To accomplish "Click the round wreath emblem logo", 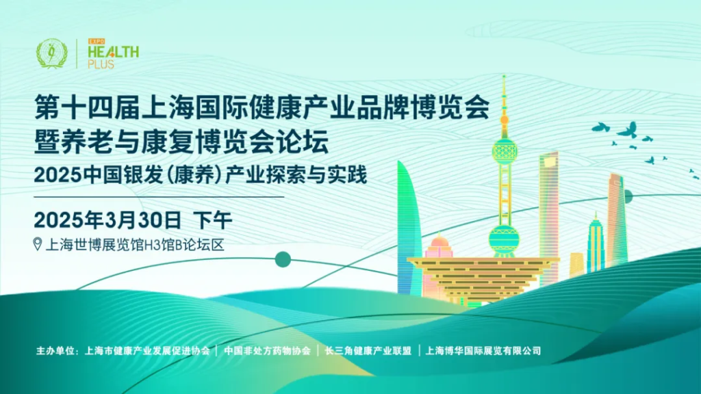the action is pyautogui.click(x=52, y=53).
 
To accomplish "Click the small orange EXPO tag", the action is pyautogui.click(x=96, y=42).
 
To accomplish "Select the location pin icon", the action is pyautogui.click(x=38, y=244).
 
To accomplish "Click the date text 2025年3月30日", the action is pyautogui.click(x=107, y=220).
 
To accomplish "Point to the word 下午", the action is pyautogui.click(x=212, y=220).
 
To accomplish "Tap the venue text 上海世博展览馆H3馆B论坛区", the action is pyautogui.click(x=135, y=245).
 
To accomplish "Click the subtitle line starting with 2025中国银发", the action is pyautogui.click(x=201, y=174).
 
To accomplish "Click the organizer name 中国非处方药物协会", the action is pyautogui.click(x=267, y=351).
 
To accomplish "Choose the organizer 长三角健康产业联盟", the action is pyautogui.click(x=368, y=351).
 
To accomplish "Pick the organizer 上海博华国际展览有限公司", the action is pyautogui.click(x=483, y=351).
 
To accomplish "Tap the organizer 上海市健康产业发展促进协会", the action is pyautogui.click(x=148, y=351).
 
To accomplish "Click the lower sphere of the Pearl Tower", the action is pyautogui.click(x=504, y=239).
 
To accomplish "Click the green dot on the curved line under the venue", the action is pyautogui.click(x=283, y=259).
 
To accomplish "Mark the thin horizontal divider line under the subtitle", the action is pyautogui.click(x=159, y=196).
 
